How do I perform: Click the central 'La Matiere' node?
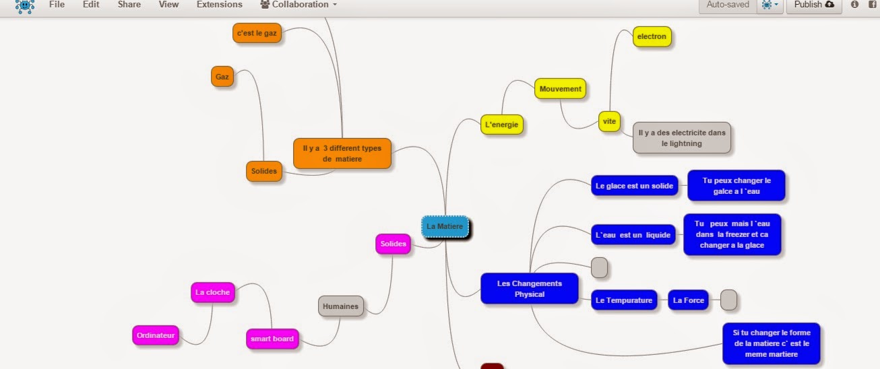click(x=445, y=226)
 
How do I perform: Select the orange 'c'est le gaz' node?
click(x=257, y=33)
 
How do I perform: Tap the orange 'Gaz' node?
click(x=222, y=77)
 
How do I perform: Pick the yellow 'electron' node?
click(x=652, y=36)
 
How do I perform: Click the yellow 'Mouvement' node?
click(x=560, y=89)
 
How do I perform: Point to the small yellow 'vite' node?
click(x=609, y=121)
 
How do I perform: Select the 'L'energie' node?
click(x=502, y=125)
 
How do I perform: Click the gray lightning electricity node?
click(x=682, y=138)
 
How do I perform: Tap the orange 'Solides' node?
click(x=264, y=171)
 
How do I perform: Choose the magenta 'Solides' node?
click(x=393, y=244)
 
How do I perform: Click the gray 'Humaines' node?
click(x=340, y=306)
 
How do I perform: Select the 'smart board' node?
click(x=272, y=339)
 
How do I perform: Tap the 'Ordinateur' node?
click(x=156, y=335)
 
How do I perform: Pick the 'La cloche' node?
click(x=212, y=292)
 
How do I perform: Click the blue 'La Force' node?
click(x=688, y=300)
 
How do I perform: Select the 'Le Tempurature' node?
click(x=624, y=300)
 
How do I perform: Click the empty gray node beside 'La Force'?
click(x=729, y=300)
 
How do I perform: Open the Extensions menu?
click(x=220, y=5)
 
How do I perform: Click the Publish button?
click(x=814, y=5)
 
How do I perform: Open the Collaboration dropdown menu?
click(x=298, y=5)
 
